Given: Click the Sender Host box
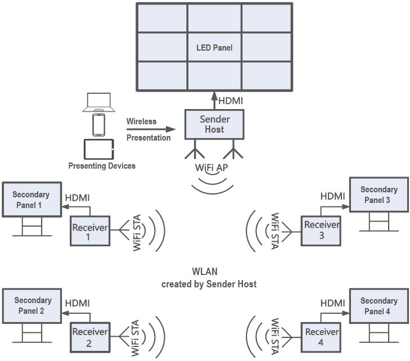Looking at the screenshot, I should tap(214, 124).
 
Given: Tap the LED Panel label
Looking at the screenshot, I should tap(214, 48).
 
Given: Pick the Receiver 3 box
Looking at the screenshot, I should tap(321, 230).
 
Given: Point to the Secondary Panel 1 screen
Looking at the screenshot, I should tap(31, 200).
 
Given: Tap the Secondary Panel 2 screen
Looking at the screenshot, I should tap(32, 305).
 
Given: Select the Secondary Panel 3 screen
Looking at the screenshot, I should tap(379, 195).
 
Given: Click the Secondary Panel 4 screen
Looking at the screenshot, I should tap(379, 306).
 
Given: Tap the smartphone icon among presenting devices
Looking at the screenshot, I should tap(98, 125).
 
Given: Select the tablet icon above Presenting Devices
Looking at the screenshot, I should tap(98, 150).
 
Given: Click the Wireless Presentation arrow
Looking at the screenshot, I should tap(151, 129).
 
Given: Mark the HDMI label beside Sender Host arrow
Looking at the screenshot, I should tap(231, 101).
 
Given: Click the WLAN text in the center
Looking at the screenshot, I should tap(209, 272).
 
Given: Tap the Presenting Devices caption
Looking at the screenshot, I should tap(102, 165).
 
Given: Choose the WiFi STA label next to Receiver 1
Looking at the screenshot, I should tap(137, 232).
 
